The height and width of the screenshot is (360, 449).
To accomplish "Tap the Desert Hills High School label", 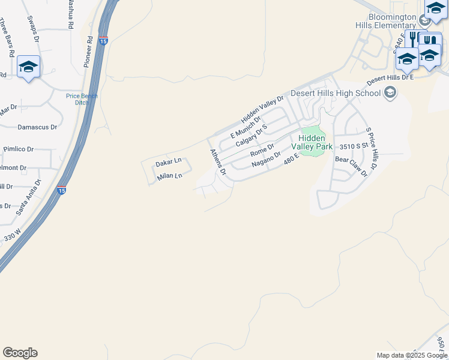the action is tap(336, 93).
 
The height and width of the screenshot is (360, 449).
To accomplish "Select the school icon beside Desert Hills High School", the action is tap(391, 92).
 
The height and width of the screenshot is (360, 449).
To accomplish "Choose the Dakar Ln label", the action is tap(168, 163).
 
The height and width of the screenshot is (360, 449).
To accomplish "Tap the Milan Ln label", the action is tap(169, 176).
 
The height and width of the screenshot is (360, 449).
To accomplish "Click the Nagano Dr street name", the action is tap(266, 159).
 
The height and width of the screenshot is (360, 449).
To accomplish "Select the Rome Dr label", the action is tap(262, 149).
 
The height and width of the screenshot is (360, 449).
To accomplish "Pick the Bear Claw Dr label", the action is tap(351, 167).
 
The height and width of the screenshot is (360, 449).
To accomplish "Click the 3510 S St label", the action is tap(353, 146).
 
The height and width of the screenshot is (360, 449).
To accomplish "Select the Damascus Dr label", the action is tap(37, 127).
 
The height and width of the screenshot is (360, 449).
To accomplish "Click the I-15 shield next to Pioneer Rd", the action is tap(103, 41).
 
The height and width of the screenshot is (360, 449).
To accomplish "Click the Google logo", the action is tap(20, 353).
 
